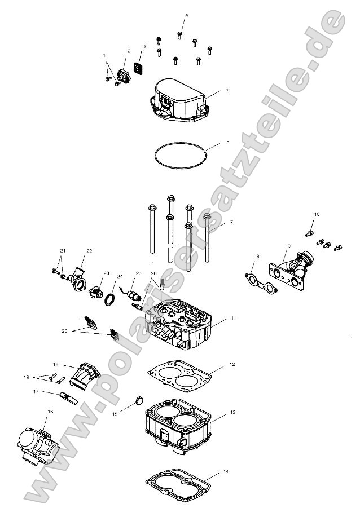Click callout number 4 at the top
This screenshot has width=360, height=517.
pyautogui.click(x=187, y=15)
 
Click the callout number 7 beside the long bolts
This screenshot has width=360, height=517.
pyautogui.click(x=230, y=222)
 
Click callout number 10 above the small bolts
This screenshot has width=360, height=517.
pyautogui.click(x=317, y=214)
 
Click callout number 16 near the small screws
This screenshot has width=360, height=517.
pyautogui.click(x=25, y=377)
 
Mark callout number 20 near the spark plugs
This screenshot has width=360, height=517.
pyautogui.click(x=64, y=332)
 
